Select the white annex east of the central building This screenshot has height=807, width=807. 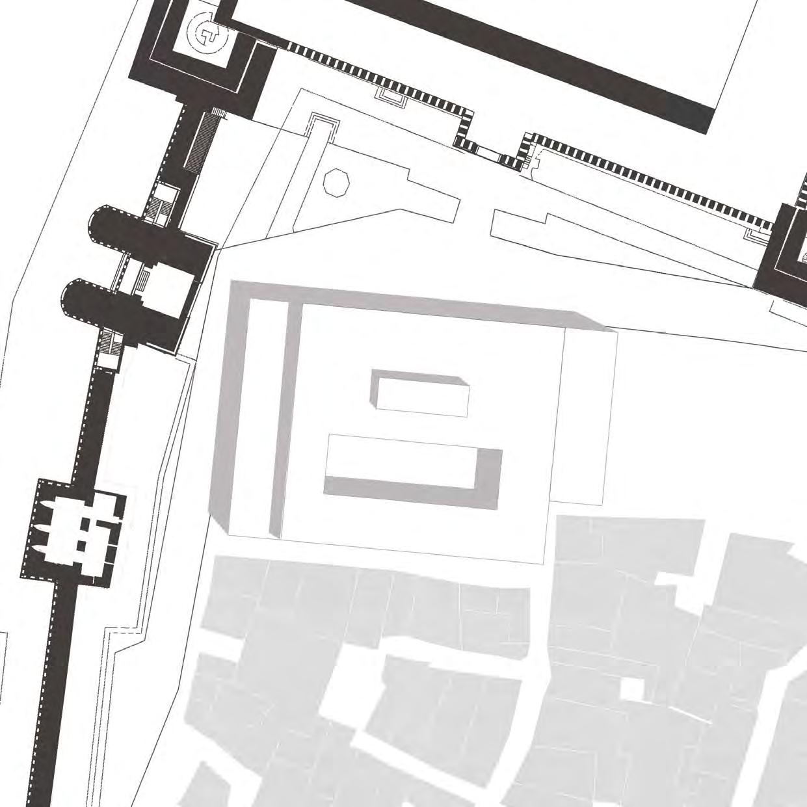[x=585, y=416]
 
